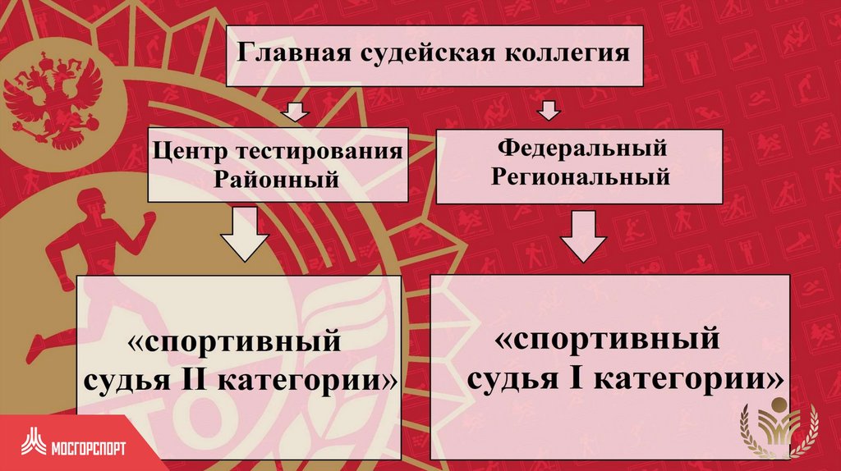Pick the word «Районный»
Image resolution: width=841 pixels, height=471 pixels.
coord(277,179)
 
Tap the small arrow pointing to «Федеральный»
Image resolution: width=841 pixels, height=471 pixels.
coord(548,109)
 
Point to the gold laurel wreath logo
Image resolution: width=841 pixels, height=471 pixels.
coord(780,428)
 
